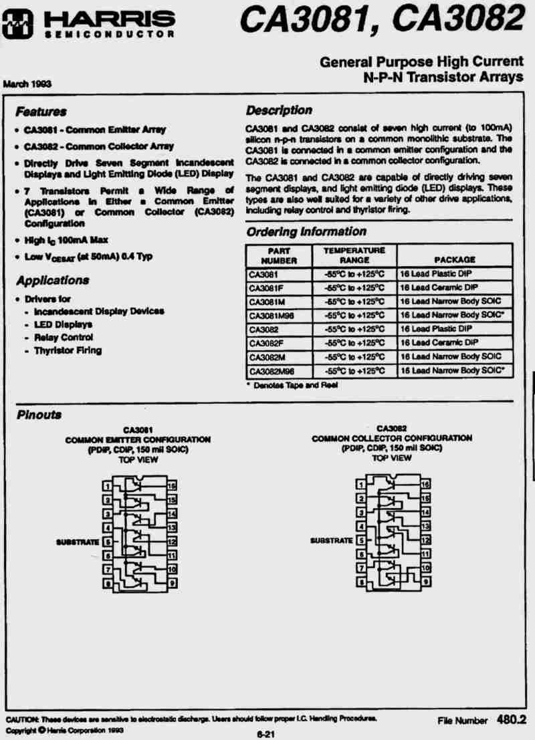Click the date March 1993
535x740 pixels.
point(27,84)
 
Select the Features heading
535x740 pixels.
point(41,111)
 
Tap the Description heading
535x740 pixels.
point(279,110)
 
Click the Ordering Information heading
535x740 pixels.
point(306,232)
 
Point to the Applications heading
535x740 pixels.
point(52,280)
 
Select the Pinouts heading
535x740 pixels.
point(38,415)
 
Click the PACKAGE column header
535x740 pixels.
point(454,259)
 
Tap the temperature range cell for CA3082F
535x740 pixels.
point(354,343)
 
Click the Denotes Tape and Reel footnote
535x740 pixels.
point(292,385)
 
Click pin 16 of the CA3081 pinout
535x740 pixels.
point(172,486)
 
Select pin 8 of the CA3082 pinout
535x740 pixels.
point(360,583)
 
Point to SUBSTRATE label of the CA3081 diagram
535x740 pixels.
point(78,541)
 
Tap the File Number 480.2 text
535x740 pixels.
point(482,721)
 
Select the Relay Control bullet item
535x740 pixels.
point(63,338)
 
